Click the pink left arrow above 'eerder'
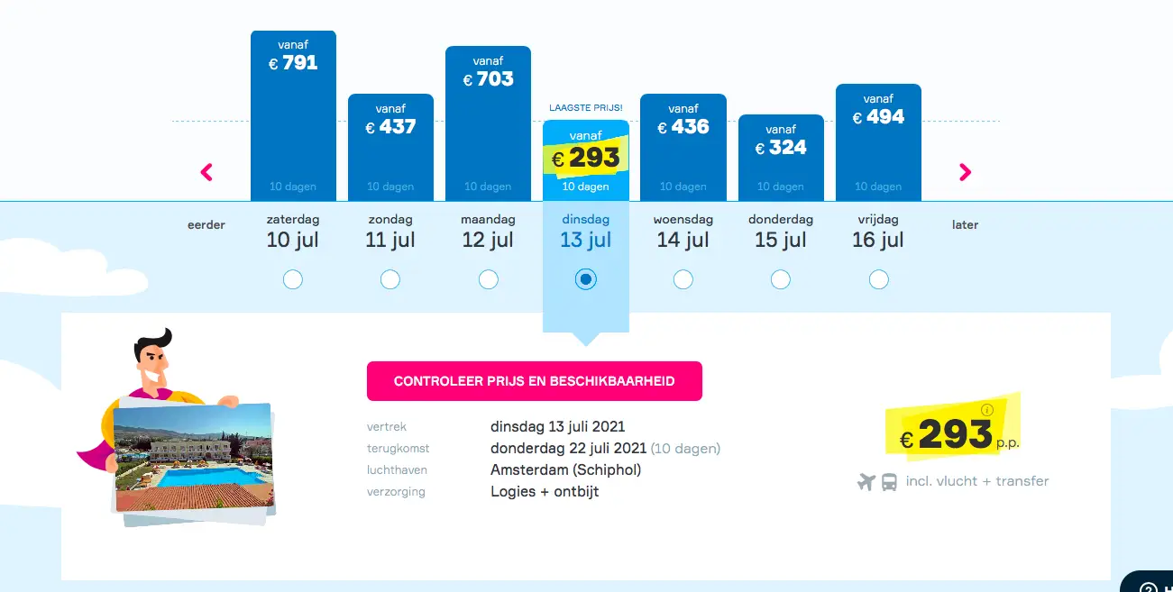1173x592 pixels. pyautogui.click(x=206, y=172)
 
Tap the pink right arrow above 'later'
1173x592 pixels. pyautogui.click(x=965, y=172)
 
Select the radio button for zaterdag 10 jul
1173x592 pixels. pyautogui.click(x=293, y=279)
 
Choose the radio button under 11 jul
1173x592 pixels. pyautogui.click(x=390, y=279)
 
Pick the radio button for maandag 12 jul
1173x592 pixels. pyautogui.click(x=488, y=279)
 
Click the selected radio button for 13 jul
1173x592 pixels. pyautogui.click(x=585, y=279)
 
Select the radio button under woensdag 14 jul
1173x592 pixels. pyautogui.click(x=683, y=279)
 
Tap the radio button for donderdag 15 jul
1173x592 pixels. pyautogui.click(x=780, y=279)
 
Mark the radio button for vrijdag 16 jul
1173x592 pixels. pyautogui.click(x=878, y=279)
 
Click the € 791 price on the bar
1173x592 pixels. pyautogui.click(x=293, y=63)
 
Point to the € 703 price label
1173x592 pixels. pyautogui.click(x=488, y=79)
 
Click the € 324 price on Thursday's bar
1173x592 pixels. pyautogui.click(x=780, y=148)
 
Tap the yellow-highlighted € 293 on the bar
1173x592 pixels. pyautogui.click(x=585, y=158)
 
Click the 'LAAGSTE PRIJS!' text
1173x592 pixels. pyautogui.click(x=585, y=108)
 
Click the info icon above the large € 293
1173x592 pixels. pyautogui.click(x=986, y=410)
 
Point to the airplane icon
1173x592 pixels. pyautogui.click(x=866, y=481)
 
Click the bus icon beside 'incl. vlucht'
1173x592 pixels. pyautogui.click(x=889, y=482)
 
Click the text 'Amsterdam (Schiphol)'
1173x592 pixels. pyautogui.click(x=565, y=470)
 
